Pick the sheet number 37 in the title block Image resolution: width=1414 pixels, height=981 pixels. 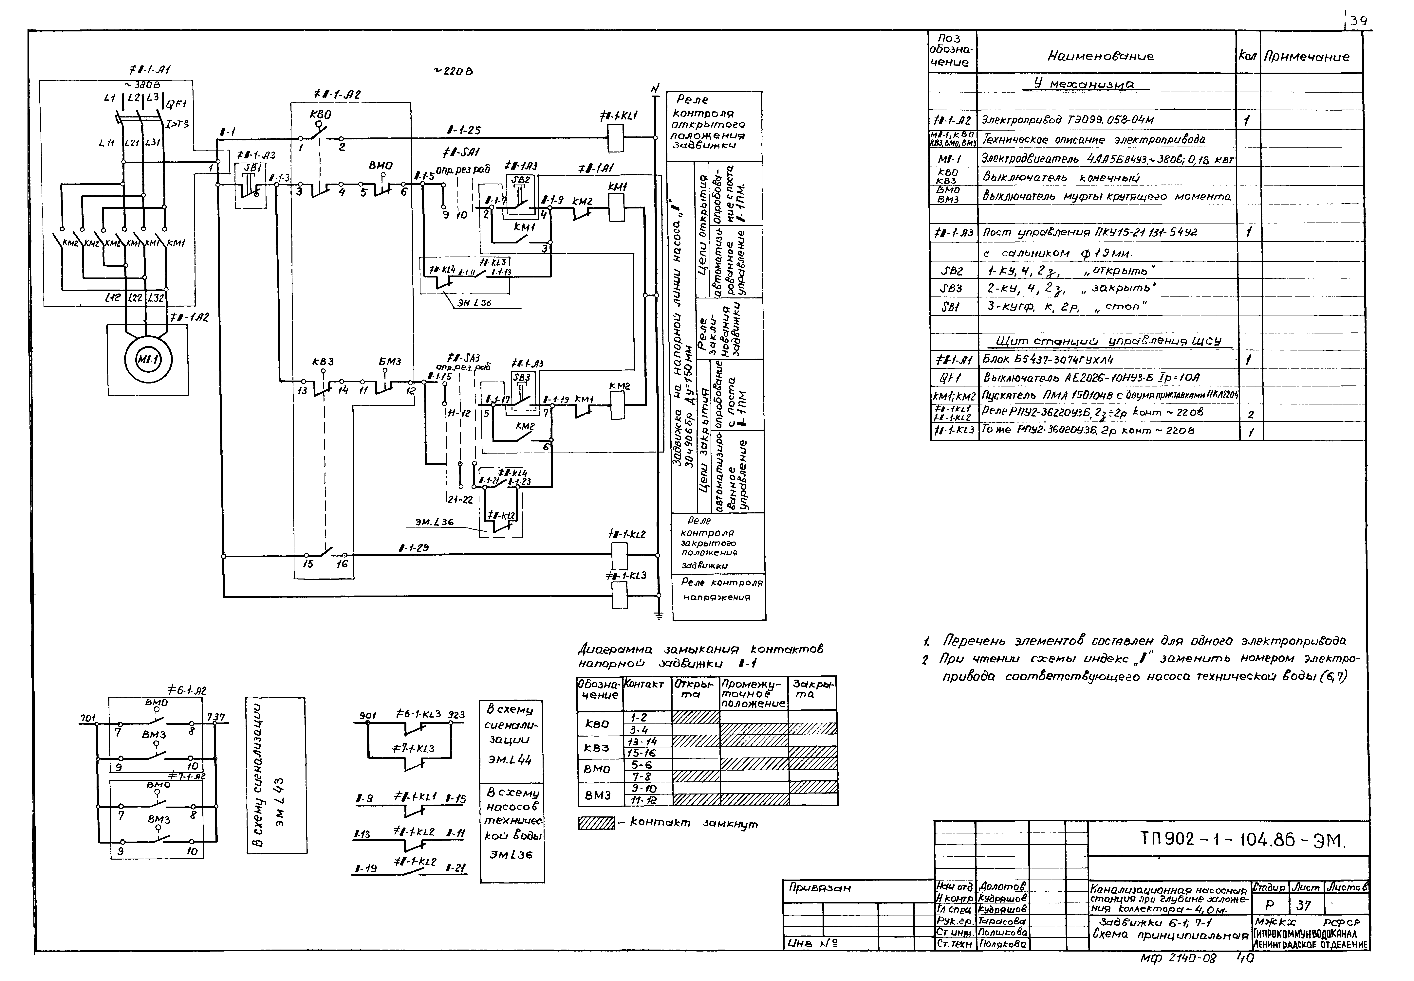[1303, 905]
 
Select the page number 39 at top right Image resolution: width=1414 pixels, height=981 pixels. [1359, 22]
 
